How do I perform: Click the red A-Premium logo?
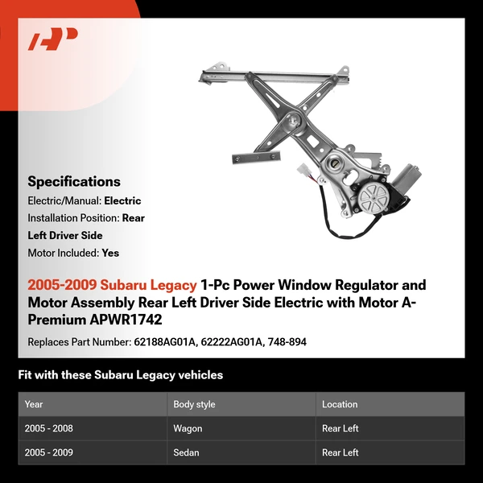[52, 39]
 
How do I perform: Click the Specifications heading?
[74, 182]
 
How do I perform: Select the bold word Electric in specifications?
[122, 201]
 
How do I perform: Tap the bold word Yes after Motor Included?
[110, 253]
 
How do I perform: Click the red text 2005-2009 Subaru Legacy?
[112, 285]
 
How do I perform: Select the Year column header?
[34, 404]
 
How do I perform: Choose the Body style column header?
[194, 404]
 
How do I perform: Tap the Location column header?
[340, 404]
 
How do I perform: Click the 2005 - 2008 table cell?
[49, 428]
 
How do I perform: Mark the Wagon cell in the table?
[188, 428]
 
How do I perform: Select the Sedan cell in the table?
[187, 452]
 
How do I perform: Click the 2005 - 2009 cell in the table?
[49, 452]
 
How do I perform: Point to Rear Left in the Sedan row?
[341, 452]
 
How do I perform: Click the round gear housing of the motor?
[372, 196]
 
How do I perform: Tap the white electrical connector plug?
[304, 171]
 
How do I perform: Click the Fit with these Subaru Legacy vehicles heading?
[120, 375]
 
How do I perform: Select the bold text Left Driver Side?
[64, 235]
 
